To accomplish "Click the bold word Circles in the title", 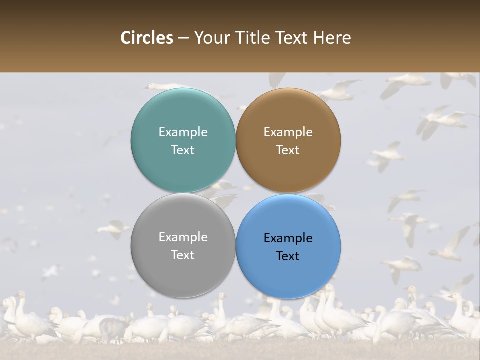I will tap(147, 38).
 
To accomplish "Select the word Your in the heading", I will tap(210, 38).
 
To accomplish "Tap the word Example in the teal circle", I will tap(183, 132).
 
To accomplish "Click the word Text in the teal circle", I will tap(183, 150).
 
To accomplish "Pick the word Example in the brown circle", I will tap(288, 132).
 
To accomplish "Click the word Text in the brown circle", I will tap(288, 150).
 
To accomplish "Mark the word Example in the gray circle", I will tap(183, 237).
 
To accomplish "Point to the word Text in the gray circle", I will tap(183, 255).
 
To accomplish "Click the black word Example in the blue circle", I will tap(288, 238).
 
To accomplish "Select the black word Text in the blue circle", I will tap(288, 256).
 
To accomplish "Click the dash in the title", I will tap(183, 38).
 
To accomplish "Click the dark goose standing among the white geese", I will tap(113, 327).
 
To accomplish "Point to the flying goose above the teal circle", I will tap(165, 86).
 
